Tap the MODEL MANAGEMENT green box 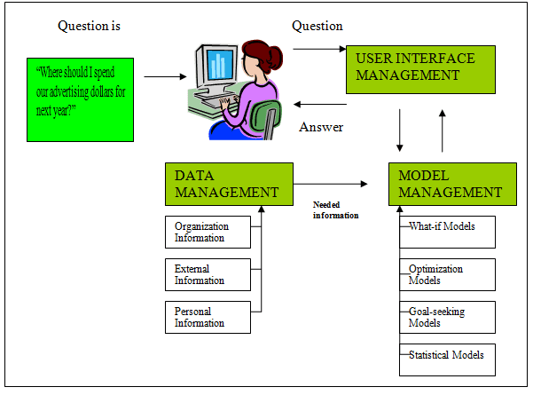pyautogui.click(x=452, y=184)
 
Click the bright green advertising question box pyautogui.click(x=81, y=99)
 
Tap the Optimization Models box pyautogui.click(x=447, y=274)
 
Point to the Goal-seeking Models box pyautogui.click(x=447, y=317)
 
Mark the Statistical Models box pyautogui.click(x=447, y=359)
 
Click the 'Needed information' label pyautogui.click(x=335, y=209)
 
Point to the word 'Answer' pyautogui.click(x=321, y=127)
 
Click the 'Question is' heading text pyautogui.click(x=89, y=26)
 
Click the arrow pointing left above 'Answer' pyautogui.click(x=319, y=103)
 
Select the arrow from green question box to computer pyautogui.click(x=163, y=76)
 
